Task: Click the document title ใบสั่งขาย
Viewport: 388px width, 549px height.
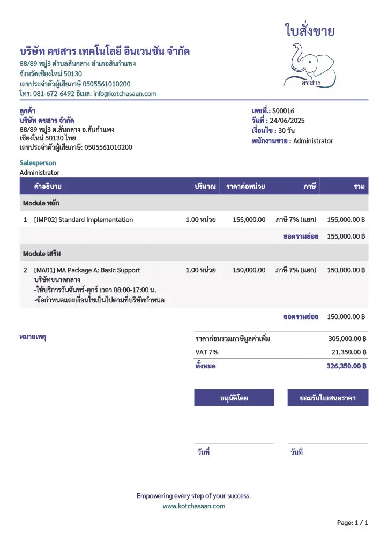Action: [310, 31]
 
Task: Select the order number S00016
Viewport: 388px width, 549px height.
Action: [283, 111]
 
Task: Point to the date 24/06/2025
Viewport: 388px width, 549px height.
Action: [287, 121]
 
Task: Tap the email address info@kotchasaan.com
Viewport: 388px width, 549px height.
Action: [125, 94]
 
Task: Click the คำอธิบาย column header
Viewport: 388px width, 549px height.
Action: [47, 187]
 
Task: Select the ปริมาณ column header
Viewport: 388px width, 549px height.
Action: [205, 187]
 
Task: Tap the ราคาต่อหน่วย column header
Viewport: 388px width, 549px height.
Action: [245, 187]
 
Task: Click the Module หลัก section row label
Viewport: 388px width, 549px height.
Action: [41, 203]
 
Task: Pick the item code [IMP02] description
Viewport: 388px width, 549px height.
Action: [83, 220]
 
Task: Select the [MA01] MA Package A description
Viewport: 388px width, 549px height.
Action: [87, 270]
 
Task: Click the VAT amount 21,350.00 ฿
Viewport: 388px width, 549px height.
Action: [348, 352]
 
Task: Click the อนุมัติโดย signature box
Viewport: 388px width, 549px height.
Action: [234, 398]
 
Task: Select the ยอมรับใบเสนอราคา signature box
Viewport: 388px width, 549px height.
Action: [328, 398]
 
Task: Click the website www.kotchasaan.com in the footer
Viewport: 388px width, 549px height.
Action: [194, 506]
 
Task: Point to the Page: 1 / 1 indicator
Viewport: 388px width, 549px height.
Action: [352, 522]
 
